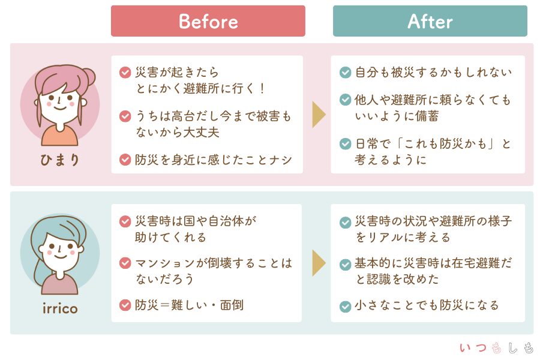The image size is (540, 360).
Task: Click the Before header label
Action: coord(208,22)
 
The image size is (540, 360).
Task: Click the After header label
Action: coord(430,22)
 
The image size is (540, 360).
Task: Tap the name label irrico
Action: coord(59,308)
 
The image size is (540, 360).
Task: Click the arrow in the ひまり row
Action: coord(319,114)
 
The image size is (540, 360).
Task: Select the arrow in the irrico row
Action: coord(319,262)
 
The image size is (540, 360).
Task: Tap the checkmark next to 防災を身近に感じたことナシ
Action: coord(125,160)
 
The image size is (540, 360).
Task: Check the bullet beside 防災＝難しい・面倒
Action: coord(125,305)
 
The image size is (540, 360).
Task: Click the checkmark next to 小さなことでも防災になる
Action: coord(345,306)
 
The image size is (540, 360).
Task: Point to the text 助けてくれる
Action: coord(171,237)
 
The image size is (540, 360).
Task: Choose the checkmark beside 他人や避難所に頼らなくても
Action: coord(345,100)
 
